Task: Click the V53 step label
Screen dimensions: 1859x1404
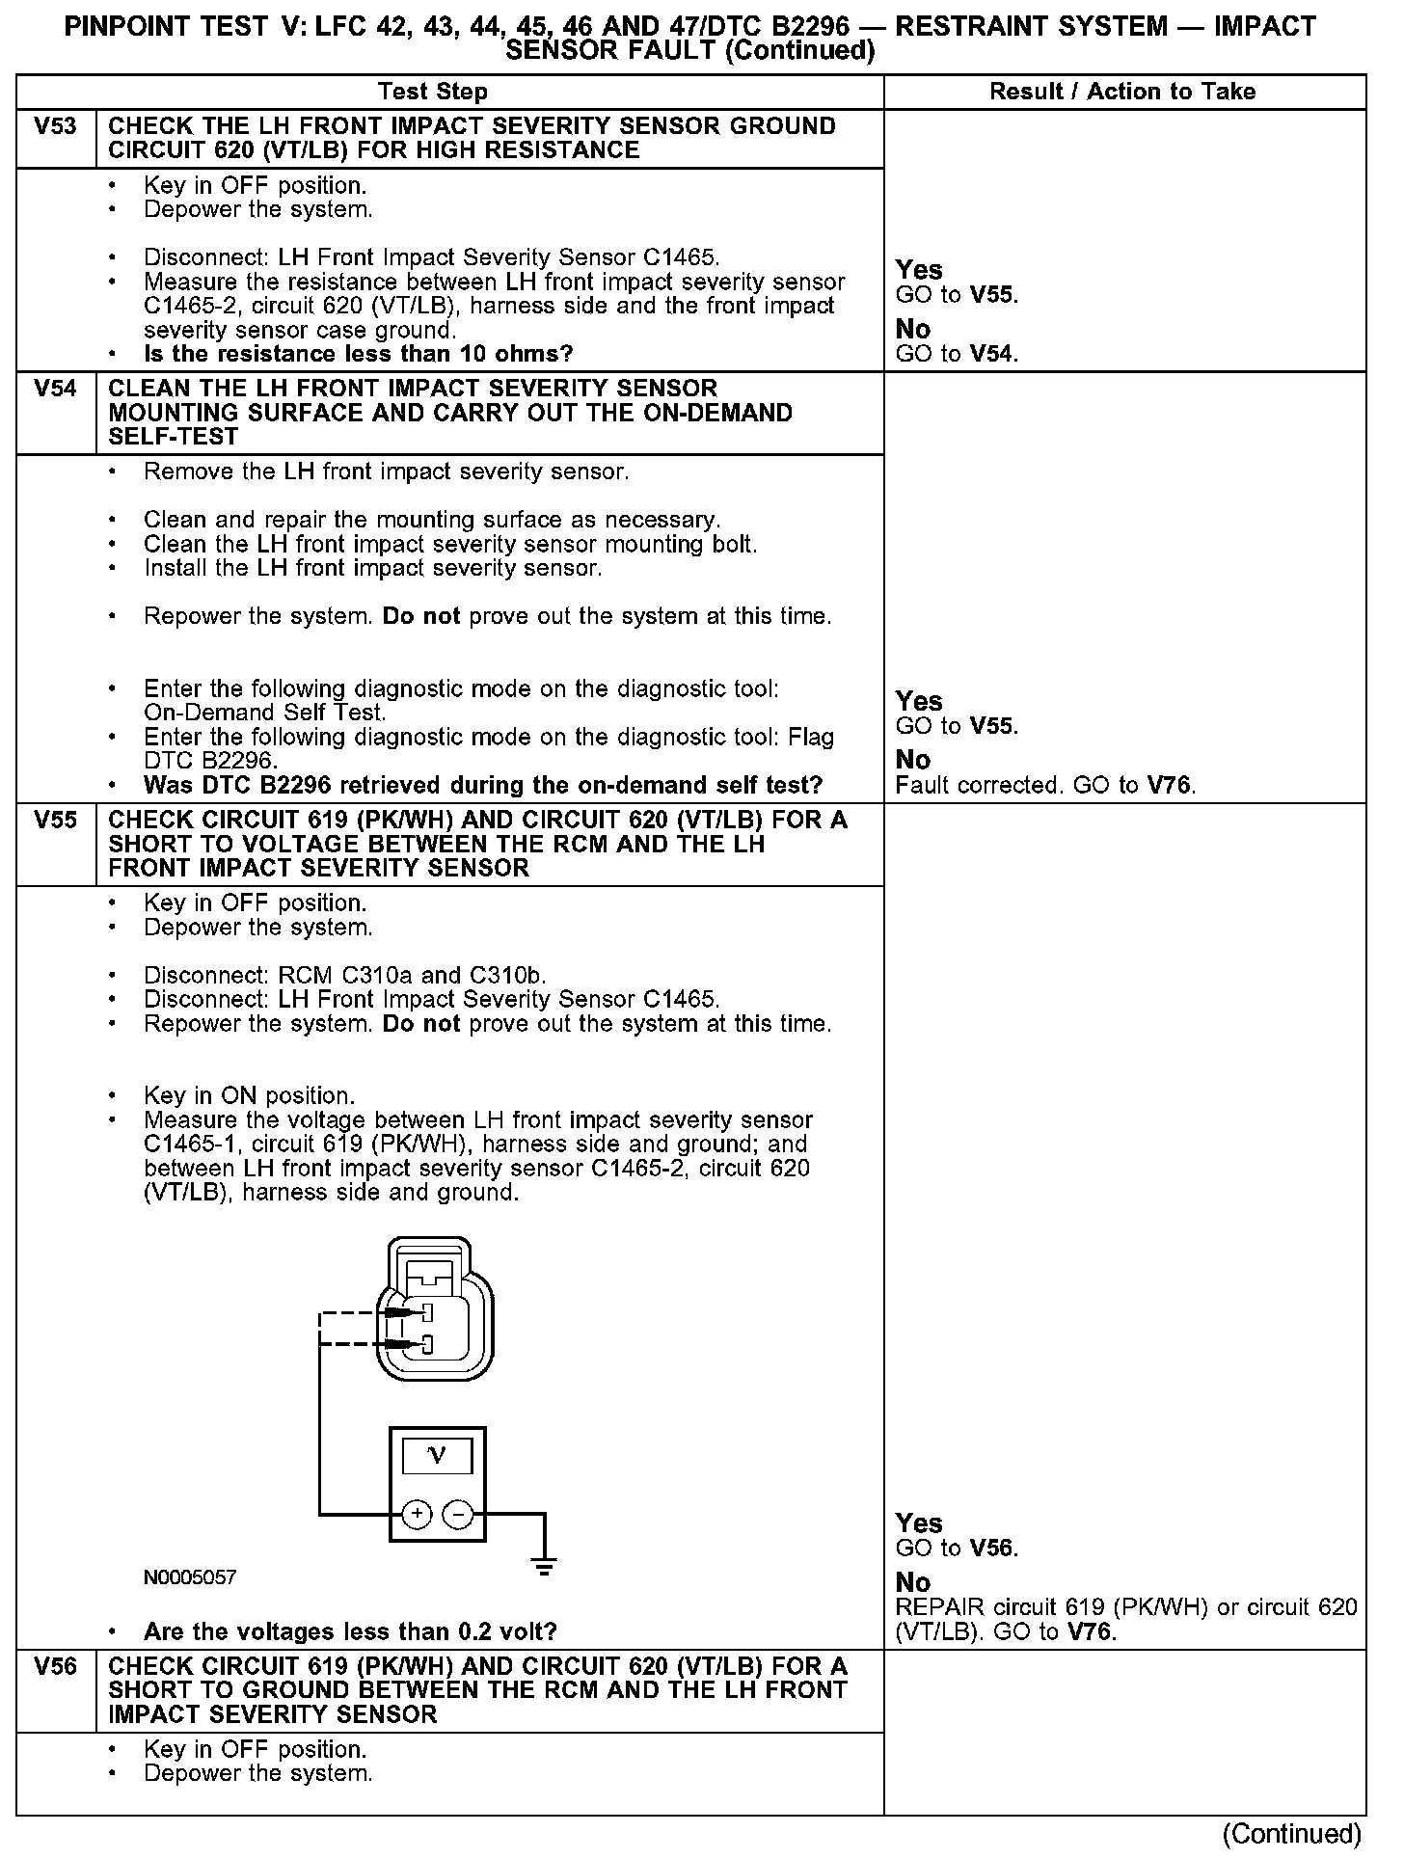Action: (x=55, y=126)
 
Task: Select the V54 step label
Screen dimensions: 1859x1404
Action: (x=55, y=389)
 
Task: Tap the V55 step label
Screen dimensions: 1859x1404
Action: (x=55, y=820)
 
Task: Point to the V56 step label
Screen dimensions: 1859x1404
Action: (x=55, y=1665)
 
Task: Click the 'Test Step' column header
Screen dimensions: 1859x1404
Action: (x=433, y=92)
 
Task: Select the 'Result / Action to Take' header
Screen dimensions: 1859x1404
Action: (x=1122, y=92)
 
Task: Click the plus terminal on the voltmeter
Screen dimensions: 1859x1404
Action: (x=417, y=1515)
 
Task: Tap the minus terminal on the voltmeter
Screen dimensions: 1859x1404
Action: (x=457, y=1515)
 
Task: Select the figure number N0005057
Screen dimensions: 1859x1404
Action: (x=190, y=1577)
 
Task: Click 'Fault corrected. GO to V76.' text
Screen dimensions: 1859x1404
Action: (x=1045, y=785)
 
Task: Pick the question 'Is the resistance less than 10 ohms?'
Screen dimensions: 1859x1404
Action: (x=358, y=354)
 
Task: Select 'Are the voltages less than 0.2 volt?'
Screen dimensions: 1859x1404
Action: (x=350, y=1631)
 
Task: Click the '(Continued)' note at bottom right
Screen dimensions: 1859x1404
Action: (x=1292, y=1832)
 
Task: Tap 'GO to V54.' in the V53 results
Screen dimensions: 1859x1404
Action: (x=957, y=354)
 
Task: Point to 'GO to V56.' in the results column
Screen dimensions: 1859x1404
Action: (x=957, y=1548)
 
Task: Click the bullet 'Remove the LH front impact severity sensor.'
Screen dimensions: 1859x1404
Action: (x=386, y=471)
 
